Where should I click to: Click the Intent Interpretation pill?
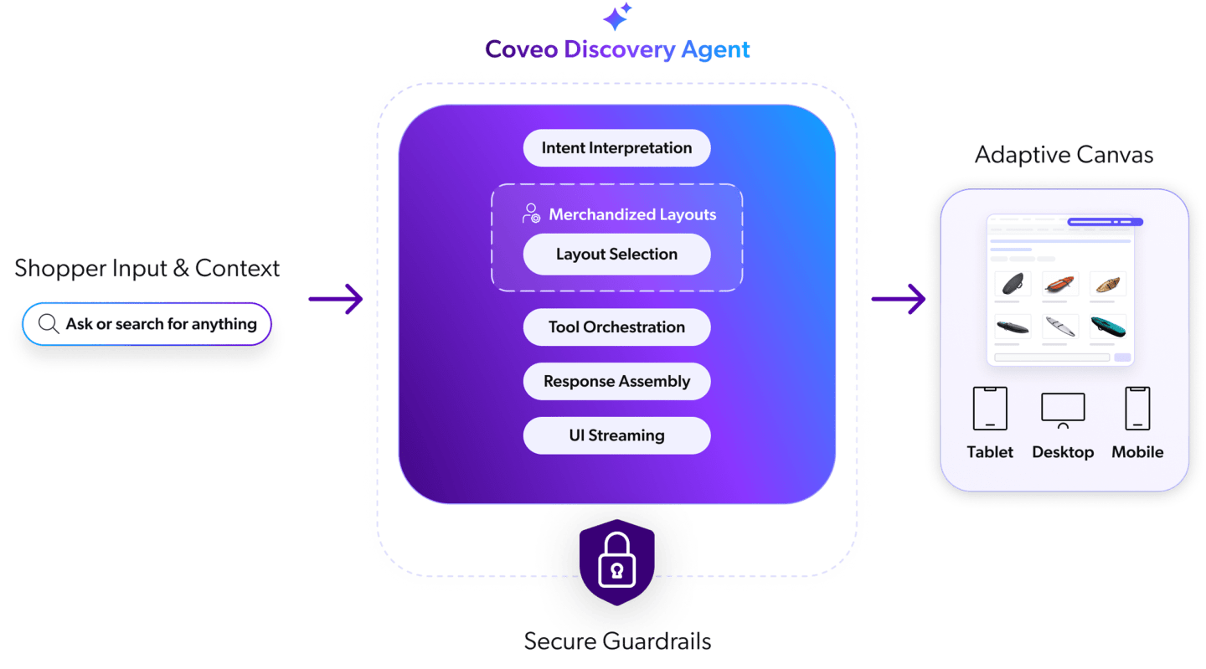tap(616, 148)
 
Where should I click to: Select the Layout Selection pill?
tap(616, 255)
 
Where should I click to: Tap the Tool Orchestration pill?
tap(616, 327)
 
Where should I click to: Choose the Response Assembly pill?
tap(616, 382)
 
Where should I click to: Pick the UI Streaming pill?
tap(616, 436)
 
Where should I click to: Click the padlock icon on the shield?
tap(617, 560)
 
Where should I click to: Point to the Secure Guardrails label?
tap(617, 642)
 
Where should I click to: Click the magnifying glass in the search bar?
tap(49, 324)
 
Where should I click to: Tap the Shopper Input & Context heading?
tap(147, 269)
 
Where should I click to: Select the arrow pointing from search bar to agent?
tap(336, 299)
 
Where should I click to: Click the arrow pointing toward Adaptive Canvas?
tap(899, 299)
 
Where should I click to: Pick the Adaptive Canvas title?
tap(1064, 155)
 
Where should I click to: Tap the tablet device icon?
tap(990, 409)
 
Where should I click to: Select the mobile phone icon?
tap(1137, 409)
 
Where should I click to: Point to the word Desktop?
tap(1063, 452)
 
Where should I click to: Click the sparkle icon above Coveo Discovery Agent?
tap(617, 17)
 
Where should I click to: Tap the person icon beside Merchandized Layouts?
tap(531, 214)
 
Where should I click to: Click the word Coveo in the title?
tap(521, 49)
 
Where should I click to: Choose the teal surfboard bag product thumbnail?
tap(1108, 327)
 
